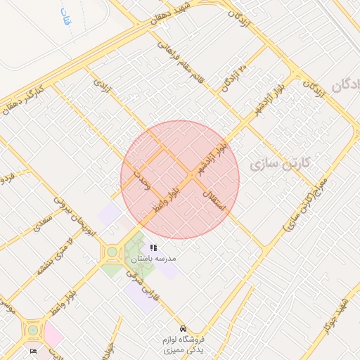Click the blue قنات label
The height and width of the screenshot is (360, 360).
(x=66, y=17)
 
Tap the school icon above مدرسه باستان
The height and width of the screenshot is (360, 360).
(x=153, y=247)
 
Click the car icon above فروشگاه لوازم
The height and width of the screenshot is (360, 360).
(x=183, y=328)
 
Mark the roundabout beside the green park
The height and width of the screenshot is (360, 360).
(x=112, y=251)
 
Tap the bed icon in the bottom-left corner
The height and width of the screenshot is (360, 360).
(x=33, y=351)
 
